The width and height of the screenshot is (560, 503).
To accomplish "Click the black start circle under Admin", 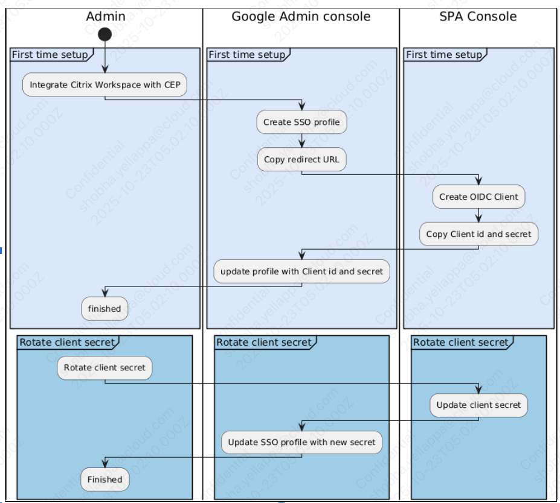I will click(105, 34).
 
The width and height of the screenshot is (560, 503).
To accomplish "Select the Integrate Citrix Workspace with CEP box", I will click(105, 85).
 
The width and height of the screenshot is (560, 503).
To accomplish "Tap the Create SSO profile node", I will click(301, 122).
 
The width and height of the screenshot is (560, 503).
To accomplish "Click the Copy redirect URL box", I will click(301, 160).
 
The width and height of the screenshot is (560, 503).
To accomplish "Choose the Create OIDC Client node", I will click(478, 197).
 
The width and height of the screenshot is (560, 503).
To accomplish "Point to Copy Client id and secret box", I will click(478, 234).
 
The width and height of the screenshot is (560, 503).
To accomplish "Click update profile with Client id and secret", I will click(301, 271).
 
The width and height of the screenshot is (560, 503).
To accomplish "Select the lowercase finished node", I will click(105, 309).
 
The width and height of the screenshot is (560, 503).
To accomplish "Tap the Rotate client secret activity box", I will click(105, 367).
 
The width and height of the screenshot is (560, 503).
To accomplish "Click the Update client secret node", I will click(478, 405).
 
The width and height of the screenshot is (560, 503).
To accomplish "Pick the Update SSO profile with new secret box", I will click(301, 442).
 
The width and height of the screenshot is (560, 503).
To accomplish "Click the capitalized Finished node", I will click(105, 479).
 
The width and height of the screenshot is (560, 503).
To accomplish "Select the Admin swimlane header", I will click(105, 16).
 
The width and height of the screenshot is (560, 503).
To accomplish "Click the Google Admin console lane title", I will click(301, 16).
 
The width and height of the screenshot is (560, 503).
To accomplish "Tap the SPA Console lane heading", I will click(478, 16).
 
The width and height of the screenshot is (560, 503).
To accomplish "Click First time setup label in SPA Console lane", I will click(445, 55).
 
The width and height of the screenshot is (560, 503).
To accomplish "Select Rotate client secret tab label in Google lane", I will click(264, 343).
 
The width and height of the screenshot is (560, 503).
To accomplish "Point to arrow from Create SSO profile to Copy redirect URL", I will click(301, 141).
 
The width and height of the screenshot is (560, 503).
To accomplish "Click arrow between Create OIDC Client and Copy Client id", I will click(478, 215).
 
